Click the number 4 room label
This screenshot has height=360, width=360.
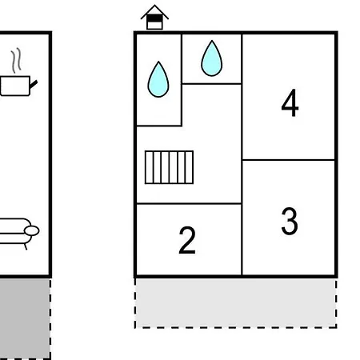(x=290, y=102)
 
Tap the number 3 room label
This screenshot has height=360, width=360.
(x=290, y=221)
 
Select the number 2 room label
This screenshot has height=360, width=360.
(x=187, y=240)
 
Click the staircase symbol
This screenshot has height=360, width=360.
(x=169, y=167)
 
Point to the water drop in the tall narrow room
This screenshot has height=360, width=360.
(x=158, y=79)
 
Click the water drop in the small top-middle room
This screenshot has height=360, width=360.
(x=212, y=58)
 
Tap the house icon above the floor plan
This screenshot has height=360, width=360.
(x=154, y=18)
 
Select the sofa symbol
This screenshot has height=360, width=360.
(x=18, y=233)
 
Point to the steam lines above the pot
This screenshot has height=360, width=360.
(x=16, y=61)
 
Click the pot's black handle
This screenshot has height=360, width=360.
(x=34, y=84)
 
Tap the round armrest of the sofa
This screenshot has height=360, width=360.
(x=32, y=230)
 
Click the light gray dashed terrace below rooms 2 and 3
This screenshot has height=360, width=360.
(x=236, y=303)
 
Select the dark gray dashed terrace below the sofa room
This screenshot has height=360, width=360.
(x=25, y=318)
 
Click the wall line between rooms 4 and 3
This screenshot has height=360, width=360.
(x=288, y=160)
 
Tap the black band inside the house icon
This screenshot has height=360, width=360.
(x=154, y=18)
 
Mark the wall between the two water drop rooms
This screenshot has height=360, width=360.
(x=182, y=80)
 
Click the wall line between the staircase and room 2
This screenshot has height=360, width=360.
(x=189, y=204)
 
